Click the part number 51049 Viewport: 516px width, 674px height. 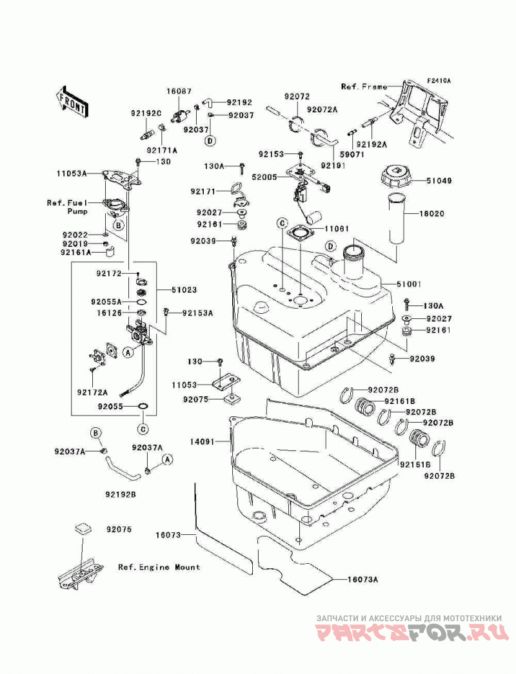pos(439,181)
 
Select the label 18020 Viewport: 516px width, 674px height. pos(432,214)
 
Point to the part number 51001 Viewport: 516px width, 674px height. pos(409,284)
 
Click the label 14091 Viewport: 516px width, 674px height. pos(203,441)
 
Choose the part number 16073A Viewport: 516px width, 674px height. pos(362,579)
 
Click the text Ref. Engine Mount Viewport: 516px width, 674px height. pos(159,568)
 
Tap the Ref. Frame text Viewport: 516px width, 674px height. pos(364,87)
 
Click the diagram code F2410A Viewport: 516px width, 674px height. pos(439,81)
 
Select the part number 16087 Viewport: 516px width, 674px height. pos(179,91)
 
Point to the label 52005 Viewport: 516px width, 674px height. pos(264,177)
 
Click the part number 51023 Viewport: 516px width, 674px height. pos(184,290)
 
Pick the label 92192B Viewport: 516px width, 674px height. pos(121,495)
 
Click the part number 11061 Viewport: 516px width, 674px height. pos(337,229)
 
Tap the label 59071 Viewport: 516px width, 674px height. pos(352,154)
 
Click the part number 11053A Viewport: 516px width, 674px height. pos(72,174)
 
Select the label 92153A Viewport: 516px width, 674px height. pos(197,313)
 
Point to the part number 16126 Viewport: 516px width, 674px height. pos(109,313)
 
